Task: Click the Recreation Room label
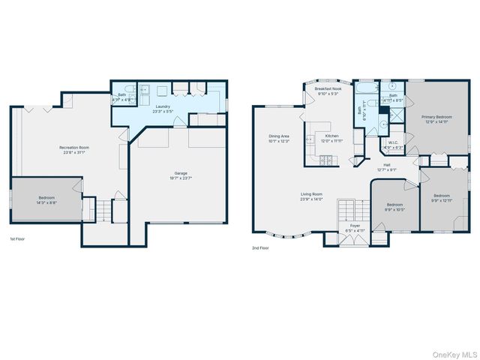click(x=76, y=148)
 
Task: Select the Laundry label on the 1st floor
click(x=163, y=106)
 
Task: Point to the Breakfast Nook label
click(x=329, y=88)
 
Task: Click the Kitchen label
click(x=331, y=136)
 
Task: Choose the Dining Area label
click(x=279, y=136)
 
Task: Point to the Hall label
click(x=387, y=164)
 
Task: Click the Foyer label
click(x=355, y=224)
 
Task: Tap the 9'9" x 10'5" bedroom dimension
click(x=395, y=209)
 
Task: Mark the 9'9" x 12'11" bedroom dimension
click(x=444, y=199)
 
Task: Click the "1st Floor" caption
click(x=19, y=238)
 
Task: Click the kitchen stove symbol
click(x=326, y=160)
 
